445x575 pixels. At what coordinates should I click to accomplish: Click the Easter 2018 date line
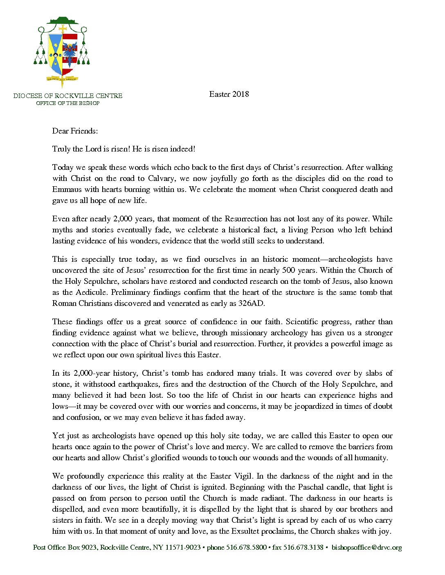pyautogui.click(x=229, y=94)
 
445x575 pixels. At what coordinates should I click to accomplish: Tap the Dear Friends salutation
pyautogui.click(x=75, y=131)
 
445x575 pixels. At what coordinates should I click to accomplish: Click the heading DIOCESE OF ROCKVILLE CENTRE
pyautogui.click(x=68, y=96)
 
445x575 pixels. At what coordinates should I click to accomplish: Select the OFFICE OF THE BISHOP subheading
pyautogui.click(x=68, y=103)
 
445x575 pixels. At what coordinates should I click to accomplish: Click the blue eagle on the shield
pyautogui.click(x=70, y=51)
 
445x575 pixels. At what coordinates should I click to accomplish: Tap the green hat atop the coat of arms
pyautogui.click(x=62, y=20)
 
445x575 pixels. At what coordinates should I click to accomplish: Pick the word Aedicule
pyautogui.click(x=91, y=292)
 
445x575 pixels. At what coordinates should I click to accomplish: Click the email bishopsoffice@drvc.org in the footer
pyautogui.click(x=366, y=548)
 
